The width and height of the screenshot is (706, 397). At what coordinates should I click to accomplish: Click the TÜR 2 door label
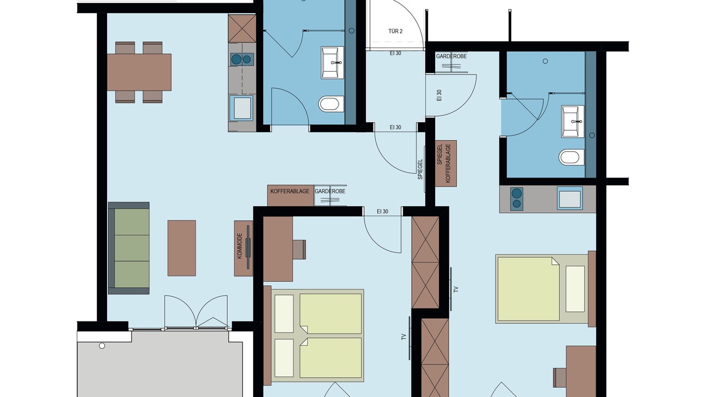click(x=395, y=31)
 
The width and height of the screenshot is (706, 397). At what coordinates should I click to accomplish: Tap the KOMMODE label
click(x=239, y=246)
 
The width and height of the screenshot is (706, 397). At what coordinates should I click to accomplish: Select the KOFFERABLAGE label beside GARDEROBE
click(x=290, y=191)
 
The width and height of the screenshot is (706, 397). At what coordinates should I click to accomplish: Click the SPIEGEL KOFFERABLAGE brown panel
click(x=446, y=163)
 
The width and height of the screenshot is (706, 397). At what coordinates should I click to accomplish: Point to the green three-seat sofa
click(x=129, y=248)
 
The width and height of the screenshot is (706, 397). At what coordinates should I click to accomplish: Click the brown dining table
click(x=140, y=72)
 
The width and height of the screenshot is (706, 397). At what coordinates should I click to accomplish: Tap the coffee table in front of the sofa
click(x=181, y=248)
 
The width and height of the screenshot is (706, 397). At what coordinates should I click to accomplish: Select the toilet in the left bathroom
click(x=331, y=104)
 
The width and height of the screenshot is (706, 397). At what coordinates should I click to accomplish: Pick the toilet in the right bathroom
click(x=571, y=157)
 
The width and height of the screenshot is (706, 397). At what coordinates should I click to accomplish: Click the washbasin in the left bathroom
click(x=333, y=63)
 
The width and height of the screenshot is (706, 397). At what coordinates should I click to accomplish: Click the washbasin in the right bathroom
click(x=573, y=121)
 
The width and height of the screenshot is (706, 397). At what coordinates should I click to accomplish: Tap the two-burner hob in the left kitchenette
click(x=242, y=59)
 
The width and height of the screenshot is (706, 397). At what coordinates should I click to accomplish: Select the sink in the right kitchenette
click(x=570, y=198)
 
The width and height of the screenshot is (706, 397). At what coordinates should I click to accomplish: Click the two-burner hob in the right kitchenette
click(x=517, y=199)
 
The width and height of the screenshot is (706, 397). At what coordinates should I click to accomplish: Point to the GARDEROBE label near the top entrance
click(x=451, y=56)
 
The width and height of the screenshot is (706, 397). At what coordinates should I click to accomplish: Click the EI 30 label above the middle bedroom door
click(x=382, y=211)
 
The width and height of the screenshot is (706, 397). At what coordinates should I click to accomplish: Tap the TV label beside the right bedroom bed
click(x=456, y=289)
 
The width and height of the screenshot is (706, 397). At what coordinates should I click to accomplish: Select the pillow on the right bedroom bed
click(x=575, y=289)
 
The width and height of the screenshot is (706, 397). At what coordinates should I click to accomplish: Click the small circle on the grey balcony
click(x=102, y=346)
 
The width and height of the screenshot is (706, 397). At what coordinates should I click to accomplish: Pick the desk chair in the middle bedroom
click(x=299, y=250)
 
